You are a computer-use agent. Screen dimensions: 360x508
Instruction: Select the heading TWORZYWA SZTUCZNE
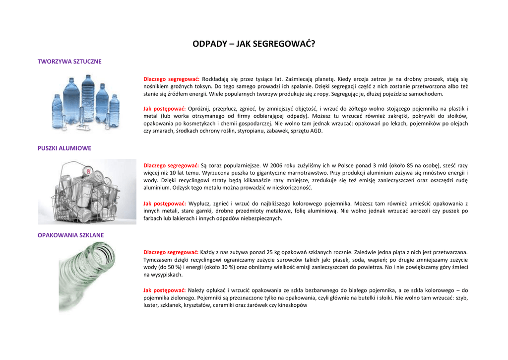click(69, 62)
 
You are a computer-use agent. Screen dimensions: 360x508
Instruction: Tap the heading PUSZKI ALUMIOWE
click(64, 148)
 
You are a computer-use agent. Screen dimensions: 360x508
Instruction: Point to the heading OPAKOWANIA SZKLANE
click(71, 235)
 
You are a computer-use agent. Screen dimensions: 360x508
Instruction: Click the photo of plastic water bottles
click(86, 103)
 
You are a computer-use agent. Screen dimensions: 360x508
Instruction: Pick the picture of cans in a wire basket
click(87, 192)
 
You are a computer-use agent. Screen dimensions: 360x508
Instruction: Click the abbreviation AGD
click(316, 131)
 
